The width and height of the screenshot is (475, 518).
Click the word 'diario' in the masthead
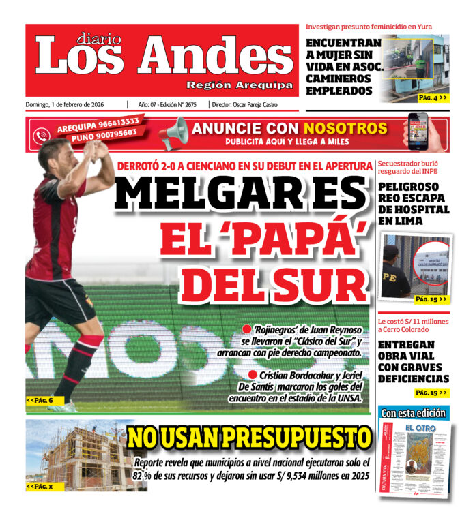tap(98, 39)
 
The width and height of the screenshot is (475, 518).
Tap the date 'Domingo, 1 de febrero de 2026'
tap(70, 104)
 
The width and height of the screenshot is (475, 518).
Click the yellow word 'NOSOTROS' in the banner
tap(345, 128)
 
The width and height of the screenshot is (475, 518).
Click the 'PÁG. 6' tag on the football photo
tap(40, 400)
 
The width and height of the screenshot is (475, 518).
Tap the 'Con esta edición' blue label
tap(414, 413)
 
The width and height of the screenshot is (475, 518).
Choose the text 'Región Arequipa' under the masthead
tap(240, 85)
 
